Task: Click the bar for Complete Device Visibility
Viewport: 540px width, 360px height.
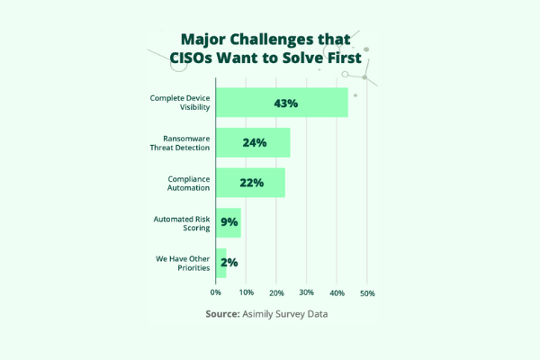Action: (x=282, y=103)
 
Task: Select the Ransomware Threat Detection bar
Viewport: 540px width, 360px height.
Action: (x=253, y=142)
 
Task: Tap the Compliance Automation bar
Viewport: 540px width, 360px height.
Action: (x=250, y=183)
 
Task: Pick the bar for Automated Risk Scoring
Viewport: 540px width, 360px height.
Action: (x=229, y=222)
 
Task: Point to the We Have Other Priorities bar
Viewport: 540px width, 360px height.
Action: (x=220, y=262)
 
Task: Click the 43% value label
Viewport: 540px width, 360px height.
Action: (x=286, y=103)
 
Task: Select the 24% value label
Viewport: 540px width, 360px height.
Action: (x=255, y=142)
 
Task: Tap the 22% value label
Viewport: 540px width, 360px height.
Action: (x=251, y=183)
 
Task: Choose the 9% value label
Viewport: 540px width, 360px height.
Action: (x=229, y=222)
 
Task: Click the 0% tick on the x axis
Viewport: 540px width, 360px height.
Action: (x=216, y=293)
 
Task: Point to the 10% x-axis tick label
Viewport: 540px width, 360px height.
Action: (x=247, y=293)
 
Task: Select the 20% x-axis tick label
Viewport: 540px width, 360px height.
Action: (x=277, y=293)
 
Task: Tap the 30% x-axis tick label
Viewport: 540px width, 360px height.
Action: (x=307, y=293)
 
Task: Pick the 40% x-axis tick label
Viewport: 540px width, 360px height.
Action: (x=337, y=293)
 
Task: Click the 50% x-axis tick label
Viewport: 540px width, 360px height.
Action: (x=367, y=293)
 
